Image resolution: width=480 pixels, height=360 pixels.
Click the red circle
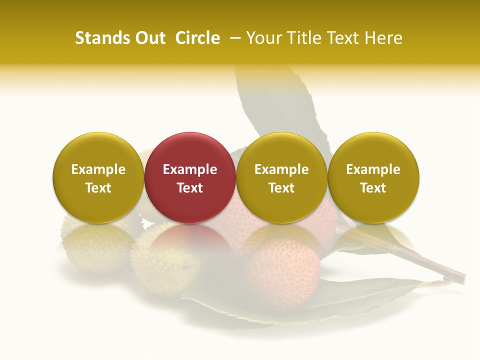pos(190,177)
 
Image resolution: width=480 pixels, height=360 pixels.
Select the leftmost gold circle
pos(98,177)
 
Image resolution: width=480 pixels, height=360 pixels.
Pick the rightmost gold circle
pos(373,177)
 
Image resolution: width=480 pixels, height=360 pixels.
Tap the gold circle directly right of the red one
pos(281,177)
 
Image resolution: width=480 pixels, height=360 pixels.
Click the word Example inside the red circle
pos(190,169)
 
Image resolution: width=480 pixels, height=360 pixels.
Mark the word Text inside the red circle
pos(190,188)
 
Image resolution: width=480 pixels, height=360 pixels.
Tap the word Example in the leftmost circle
pos(98,169)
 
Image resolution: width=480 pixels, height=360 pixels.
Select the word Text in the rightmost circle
pos(373,188)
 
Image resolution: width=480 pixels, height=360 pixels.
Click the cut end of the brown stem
pos(461,276)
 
